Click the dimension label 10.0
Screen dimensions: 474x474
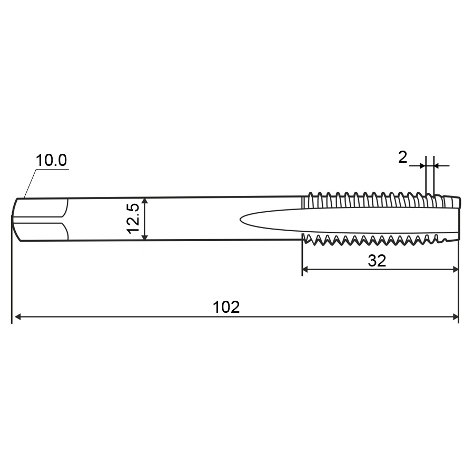click(51, 160)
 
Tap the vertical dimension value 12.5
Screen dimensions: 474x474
click(133, 219)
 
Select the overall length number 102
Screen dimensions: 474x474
click(226, 307)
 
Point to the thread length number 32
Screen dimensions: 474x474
click(377, 261)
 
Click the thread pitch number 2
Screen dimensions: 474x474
click(403, 157)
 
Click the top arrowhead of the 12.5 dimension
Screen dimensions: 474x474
click(145, 201)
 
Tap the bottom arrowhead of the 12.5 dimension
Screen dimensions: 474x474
click(145, 237)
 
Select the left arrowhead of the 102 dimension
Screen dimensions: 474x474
click(17, 317)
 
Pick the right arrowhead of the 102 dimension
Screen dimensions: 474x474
click(455, 317)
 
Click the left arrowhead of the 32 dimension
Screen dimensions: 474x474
click(306, 269)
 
